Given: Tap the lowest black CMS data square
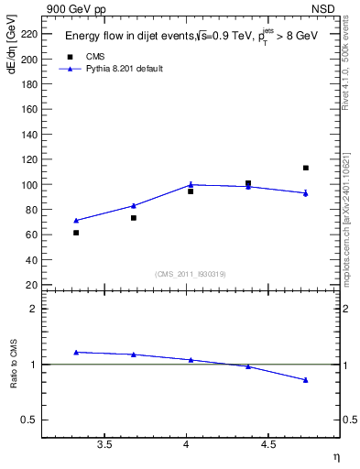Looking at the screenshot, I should [x=76, y=233].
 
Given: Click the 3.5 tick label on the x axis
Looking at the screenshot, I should [x=104, y=444].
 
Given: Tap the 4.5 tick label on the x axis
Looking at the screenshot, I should [x=268, y=444].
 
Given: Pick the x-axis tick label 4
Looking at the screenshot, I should [x=187, y=444].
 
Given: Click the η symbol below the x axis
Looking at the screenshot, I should [x=335, y=456].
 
